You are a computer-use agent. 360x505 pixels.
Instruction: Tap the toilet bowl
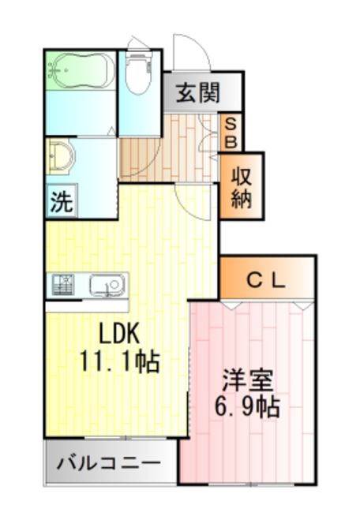click(x=138, y=75)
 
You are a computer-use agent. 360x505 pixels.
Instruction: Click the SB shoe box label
click(x=231, y=133)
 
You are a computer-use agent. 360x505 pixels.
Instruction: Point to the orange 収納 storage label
click(x=242, y=187)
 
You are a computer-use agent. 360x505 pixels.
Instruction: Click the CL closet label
click(x=266, y=279)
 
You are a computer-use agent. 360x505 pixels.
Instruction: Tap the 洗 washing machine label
click(x=61, y=202)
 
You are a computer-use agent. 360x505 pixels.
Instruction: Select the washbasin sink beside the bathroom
click(x=60, y=156)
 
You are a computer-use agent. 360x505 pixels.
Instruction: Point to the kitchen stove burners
click(x=64, y=285)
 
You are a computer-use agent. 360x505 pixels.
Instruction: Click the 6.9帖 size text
click(x=248, y=408)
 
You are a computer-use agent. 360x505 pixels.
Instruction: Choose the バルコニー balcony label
click(x=109, y=462)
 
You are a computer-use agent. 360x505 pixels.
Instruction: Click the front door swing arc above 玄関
click(x=192, y=52)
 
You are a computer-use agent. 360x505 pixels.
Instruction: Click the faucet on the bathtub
click(x=54, y=72)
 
